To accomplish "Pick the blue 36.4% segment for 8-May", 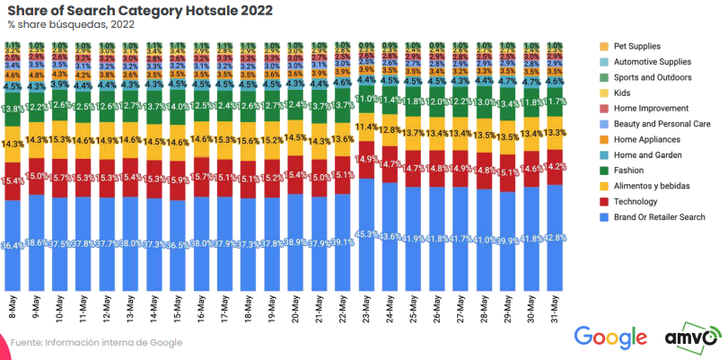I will pyautogui.click(x=13, y=244).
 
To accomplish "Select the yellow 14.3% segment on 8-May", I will pyautogui.click(x=13, y=143).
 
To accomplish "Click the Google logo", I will pyautogui.click(x=610, y=338).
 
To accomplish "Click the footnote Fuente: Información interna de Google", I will pyautogui.click(x=96, y=342).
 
